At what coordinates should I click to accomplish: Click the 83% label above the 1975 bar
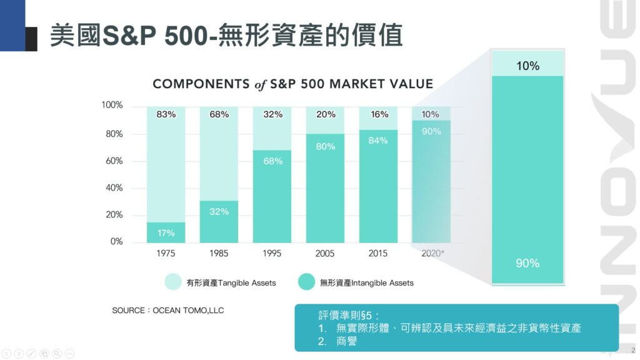point(166,114)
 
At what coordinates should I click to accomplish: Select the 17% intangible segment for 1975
point(166,233)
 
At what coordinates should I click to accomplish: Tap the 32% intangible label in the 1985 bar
point(219,211)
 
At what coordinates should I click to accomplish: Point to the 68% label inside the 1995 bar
point(272,161)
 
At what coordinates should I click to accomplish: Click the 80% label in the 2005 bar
point(326,146)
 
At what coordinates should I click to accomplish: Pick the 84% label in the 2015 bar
point(378,140)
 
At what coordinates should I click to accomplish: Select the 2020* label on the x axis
point(432,253)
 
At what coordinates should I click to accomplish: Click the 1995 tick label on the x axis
point(272,253)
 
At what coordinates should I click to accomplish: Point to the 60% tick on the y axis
point(112,161)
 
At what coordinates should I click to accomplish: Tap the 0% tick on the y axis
point(116,241)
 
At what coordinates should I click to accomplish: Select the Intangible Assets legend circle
point(306,282)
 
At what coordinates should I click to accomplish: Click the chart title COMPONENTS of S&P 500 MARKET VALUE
point(292,84)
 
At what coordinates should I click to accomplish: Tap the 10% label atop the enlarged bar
point(527,65)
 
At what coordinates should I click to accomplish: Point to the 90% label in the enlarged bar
point(527,263)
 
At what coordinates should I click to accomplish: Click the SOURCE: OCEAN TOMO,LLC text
point(167,310)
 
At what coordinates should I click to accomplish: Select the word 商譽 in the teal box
point(347,341)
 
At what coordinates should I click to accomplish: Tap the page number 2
point(633,350)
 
